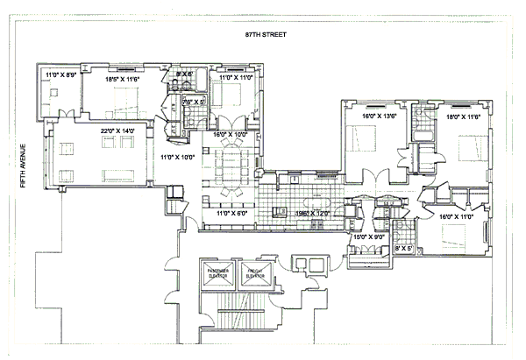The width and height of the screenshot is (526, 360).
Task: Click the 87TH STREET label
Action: coord(267,35)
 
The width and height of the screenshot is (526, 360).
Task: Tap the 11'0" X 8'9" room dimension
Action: coord(60,76)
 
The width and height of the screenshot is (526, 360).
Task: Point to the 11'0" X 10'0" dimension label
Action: coord(177,158)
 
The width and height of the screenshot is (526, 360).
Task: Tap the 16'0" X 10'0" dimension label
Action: coord(231,134)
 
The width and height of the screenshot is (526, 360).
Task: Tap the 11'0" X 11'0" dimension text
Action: coord(235,78)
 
